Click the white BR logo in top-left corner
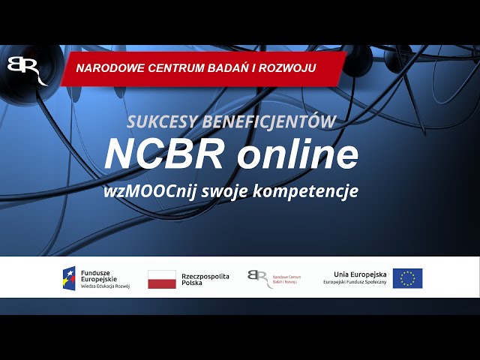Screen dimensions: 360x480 coord(25,69)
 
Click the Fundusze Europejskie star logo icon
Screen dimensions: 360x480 coord(69,278)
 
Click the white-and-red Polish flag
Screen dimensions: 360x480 coord(162,279)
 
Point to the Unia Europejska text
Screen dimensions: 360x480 coord(360,274)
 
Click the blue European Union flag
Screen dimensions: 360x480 coord(407,278)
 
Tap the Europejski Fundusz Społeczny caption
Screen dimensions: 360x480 coord(355,283)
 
